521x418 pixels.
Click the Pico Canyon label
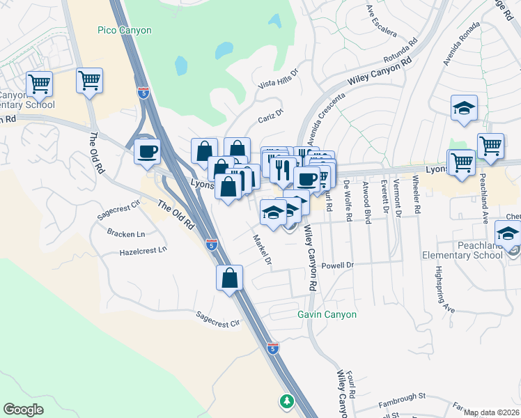pos(125,31)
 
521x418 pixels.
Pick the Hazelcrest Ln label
pos(143,250)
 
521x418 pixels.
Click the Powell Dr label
pos(339,265)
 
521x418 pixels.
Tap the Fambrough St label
pos(401,397)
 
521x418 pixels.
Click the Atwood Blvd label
pos(366,202)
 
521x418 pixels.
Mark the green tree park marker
pos(286,401)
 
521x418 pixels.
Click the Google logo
pos(23,409)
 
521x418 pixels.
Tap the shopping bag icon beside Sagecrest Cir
pos(229,279)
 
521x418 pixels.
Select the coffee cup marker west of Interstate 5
pos(147,150)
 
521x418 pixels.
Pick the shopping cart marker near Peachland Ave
pos(490,146)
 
